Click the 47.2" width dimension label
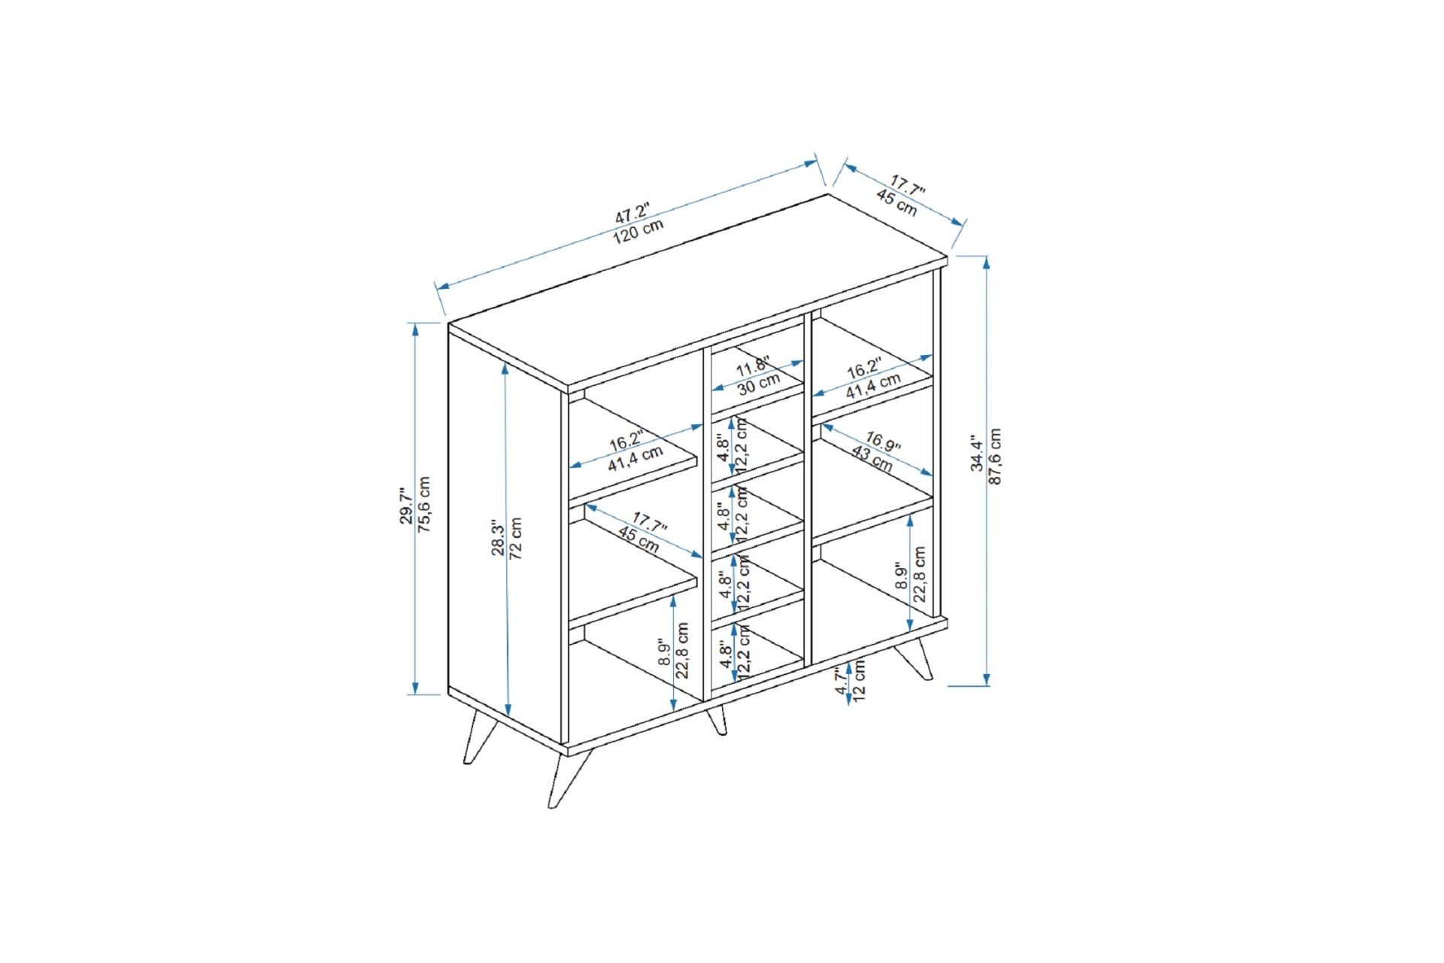coord(631,211)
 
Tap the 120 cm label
coord(639,231)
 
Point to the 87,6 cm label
coord(995,457)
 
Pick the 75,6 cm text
coord(424,505)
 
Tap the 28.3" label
coord(498,537)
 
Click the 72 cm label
coord(516,538)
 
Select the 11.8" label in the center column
coord(752,367)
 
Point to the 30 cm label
coord(758,384)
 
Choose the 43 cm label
coord(872,459)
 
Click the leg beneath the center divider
coord(717,719)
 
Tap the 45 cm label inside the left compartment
coord(639,540)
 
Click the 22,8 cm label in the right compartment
coord(919,574)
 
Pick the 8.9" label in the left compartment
coord(664,654)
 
